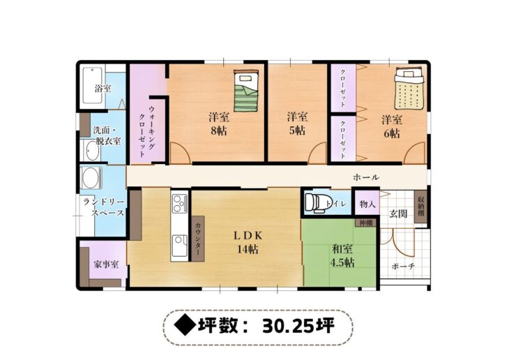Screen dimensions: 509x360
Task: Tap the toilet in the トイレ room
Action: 316,203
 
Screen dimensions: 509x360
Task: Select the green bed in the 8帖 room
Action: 246,91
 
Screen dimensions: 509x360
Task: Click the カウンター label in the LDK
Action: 198,239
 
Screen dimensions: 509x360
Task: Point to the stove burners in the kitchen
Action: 179,203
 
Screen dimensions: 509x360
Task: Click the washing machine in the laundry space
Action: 91,178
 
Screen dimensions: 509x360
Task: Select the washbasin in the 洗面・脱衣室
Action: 92,151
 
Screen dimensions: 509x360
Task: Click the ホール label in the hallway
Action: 366,177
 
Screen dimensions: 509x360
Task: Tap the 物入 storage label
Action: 367,204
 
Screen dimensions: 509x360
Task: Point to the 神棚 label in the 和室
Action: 367,223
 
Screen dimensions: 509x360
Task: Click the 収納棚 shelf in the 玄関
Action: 420,207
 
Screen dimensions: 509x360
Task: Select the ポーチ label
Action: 404,266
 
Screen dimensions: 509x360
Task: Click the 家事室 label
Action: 106,264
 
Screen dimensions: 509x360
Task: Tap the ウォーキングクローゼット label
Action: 147,131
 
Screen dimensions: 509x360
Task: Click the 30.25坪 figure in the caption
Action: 298,326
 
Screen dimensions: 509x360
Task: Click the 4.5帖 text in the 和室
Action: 342,262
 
